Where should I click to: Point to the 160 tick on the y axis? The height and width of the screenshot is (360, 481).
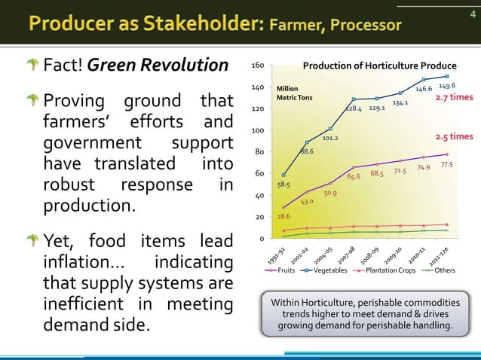click(x=258, y=66)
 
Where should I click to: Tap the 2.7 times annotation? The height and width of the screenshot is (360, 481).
click(x=455, y=97)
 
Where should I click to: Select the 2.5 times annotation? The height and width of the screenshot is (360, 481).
click(x=455, y=137)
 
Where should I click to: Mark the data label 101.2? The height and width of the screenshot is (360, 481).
click(x=330, y=138)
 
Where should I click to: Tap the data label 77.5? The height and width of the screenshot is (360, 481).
click(x=446, y=164)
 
